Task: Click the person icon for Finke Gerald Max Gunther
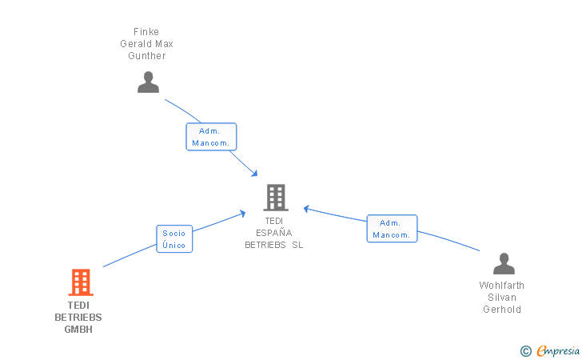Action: [148, 82]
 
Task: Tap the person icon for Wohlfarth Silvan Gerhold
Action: [504, 264]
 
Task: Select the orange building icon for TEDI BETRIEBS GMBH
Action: [80, 282]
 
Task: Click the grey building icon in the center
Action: [275, 197]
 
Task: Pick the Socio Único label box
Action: [174, 239]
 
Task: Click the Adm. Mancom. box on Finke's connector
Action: [211, 137]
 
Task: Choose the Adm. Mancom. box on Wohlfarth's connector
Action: [392, 229]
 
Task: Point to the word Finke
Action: [146, 32]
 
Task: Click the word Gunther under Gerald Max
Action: [147, 56]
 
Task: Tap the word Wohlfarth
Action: [502, 286]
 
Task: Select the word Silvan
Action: [502, 298]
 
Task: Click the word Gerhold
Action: [502, 310]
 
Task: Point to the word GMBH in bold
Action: [78, 330]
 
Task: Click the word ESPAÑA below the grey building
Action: [274, 233]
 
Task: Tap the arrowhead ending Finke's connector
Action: [254, 174]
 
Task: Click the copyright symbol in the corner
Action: [525, 350]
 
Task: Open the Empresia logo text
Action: [558, 350]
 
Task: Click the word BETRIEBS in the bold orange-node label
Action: [78, 318]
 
